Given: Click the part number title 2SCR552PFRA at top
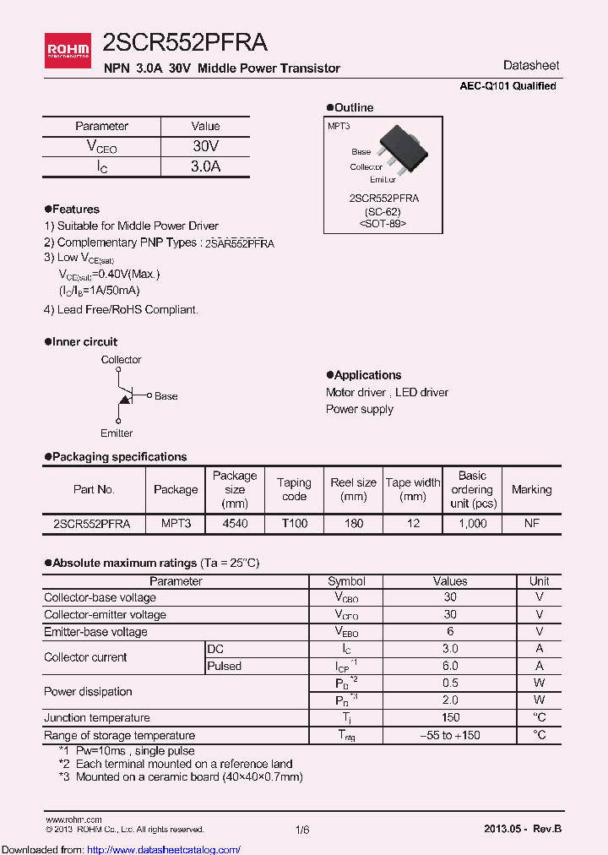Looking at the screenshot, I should click(185, 43).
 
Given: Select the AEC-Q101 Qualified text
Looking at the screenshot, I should click(508, 86).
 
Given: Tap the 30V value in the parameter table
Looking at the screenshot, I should click(206, 145).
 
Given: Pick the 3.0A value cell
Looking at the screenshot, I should click(206, 166).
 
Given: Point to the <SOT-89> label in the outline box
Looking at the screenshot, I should click(383, 224).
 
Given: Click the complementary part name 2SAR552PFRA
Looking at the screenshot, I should click(239, 243).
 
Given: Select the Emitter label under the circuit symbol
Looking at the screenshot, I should click(117, 433).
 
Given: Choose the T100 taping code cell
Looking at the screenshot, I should click(294, 524).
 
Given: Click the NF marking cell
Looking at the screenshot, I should click(531, 524).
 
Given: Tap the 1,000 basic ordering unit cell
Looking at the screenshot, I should click(472, 524).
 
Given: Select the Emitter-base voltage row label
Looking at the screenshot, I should click(95, 632).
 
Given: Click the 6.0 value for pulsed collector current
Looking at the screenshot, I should click(450, 666).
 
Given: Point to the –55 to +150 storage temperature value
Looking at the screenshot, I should click(450, 735).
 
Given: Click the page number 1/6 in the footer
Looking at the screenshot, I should click(303, 830).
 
